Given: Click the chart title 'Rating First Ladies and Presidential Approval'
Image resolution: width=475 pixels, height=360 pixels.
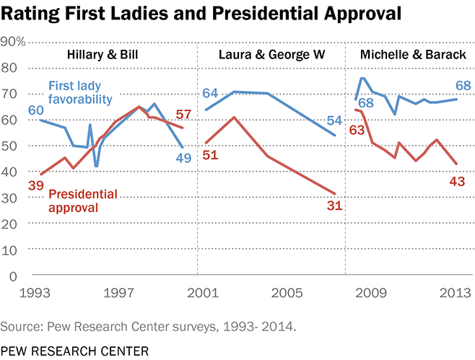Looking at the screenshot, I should click(x=189, y=14).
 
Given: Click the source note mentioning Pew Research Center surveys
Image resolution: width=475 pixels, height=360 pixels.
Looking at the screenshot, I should click(x=148, y=326).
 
